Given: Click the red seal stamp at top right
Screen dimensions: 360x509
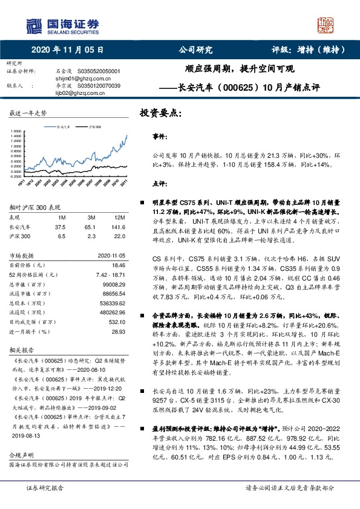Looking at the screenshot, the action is [327, 25].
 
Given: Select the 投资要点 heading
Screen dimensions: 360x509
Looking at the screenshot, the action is [160, 113].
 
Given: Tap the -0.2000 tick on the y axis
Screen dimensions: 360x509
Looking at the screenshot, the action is [15, 176].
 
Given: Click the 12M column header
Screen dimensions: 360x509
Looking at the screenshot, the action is [119, 217].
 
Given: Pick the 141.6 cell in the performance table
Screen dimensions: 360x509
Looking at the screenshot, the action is [117, 227].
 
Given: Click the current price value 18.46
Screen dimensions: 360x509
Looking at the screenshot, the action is [117, 265].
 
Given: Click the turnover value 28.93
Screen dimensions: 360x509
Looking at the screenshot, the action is [117, 332].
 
